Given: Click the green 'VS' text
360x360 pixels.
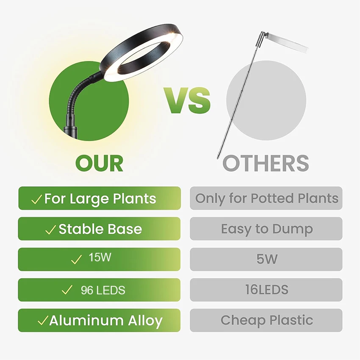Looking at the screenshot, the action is point(187,100).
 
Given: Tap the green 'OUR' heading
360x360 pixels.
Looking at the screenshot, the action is point(99,163).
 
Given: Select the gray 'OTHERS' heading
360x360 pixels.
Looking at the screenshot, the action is point(266,163).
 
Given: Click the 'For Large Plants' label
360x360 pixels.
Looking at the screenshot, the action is point(100,199).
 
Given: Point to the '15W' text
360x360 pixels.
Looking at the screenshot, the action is point(100,257).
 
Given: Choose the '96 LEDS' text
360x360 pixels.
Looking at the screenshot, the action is point(103,290).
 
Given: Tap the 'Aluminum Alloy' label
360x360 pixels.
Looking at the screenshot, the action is point(106,321).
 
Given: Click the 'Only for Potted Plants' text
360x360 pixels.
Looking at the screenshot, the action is point(267,199).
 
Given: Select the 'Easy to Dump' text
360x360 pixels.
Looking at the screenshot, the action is point(267,230).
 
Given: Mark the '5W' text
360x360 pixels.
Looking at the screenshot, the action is point(267,259).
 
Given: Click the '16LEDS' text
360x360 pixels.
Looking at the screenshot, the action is point(267,290).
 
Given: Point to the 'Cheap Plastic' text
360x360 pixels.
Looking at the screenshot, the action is point(267,320).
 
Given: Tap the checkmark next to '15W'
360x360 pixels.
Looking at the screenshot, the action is point(77,260).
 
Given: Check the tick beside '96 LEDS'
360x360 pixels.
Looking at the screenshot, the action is point(67,290).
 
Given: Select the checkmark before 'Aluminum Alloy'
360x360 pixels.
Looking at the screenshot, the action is point(43,320).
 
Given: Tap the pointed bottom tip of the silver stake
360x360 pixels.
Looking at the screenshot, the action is point(217,158).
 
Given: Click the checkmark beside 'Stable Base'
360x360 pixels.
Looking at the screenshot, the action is point(51,230).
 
